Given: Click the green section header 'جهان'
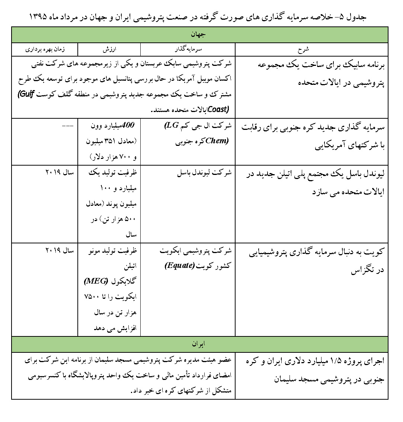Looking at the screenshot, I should click(199, 35).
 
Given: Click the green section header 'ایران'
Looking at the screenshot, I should click(199, 344).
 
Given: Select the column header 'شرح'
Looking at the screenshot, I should click(311, 49).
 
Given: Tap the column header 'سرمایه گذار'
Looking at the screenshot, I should click(188, 49).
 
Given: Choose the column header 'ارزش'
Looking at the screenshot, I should click(109, 49).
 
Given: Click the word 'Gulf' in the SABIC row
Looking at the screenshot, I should click(26, 95).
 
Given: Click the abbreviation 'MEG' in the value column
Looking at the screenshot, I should click(97, 279).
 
